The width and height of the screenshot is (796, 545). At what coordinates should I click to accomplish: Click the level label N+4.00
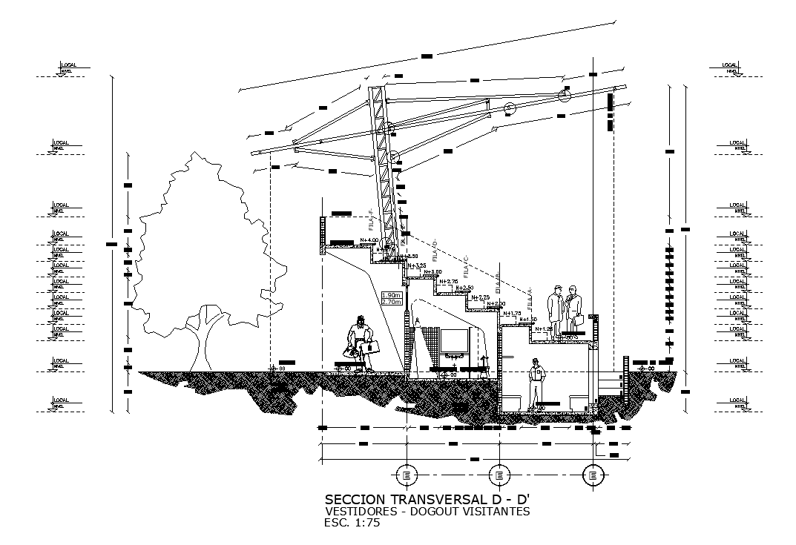[x=369, y=240]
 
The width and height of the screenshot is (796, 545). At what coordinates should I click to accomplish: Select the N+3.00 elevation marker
[x=432, y=272]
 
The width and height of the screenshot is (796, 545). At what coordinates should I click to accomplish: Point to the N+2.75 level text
[x=448, y=281]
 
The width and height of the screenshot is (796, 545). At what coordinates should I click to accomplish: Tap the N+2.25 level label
[x=480, y=297]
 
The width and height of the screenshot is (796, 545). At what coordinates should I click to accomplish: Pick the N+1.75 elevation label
[x=512, y=313]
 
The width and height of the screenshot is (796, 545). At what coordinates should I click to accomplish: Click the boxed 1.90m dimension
[x=391, y=294]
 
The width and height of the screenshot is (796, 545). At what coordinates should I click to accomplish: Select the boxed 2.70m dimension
[x=391, y=302]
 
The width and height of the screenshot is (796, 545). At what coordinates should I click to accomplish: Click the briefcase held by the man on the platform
[x=575, y=324]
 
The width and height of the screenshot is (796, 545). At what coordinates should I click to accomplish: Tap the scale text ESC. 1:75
[x=352, y=523]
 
